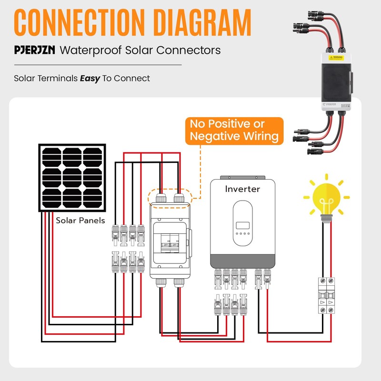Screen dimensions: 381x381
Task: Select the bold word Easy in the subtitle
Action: point(90,78)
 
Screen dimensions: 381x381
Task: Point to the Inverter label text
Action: point(242,189)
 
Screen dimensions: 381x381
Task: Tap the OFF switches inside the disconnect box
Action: point(171,244)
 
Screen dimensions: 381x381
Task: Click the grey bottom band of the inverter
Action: point(243,261)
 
